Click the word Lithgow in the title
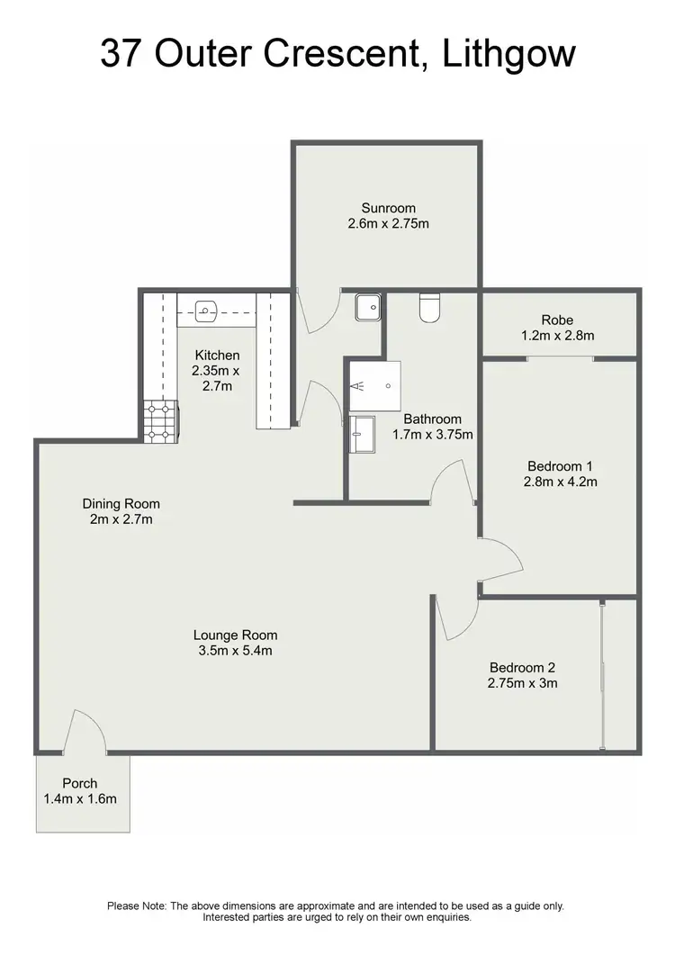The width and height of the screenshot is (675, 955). [x=509, y=54]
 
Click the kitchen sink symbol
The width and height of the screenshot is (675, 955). [x=205, y=312]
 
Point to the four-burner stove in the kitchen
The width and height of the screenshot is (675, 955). [x=159, y=421]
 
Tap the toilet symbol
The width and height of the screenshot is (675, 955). [x=429, y=308]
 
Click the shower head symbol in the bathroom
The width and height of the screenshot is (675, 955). [x=359, y=386]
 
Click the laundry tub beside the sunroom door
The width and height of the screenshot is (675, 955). [x=367, y=308]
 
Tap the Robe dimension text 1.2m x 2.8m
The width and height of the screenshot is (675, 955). [x=557, y=336]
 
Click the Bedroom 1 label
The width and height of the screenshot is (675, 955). [x=561, y=466]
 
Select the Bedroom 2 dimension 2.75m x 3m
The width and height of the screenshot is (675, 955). [x=523, y=682]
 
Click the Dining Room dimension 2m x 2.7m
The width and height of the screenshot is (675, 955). [x=121, y=519]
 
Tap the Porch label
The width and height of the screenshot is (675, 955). [x=79, y=783]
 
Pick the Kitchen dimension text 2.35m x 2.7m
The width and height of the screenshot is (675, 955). [x=215, y=378]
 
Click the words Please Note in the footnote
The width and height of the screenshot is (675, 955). [x=136, y=905]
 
